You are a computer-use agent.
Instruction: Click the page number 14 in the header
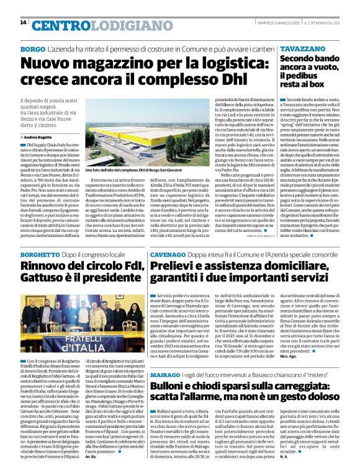[23, 23]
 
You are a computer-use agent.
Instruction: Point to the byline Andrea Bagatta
[40, 136]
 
